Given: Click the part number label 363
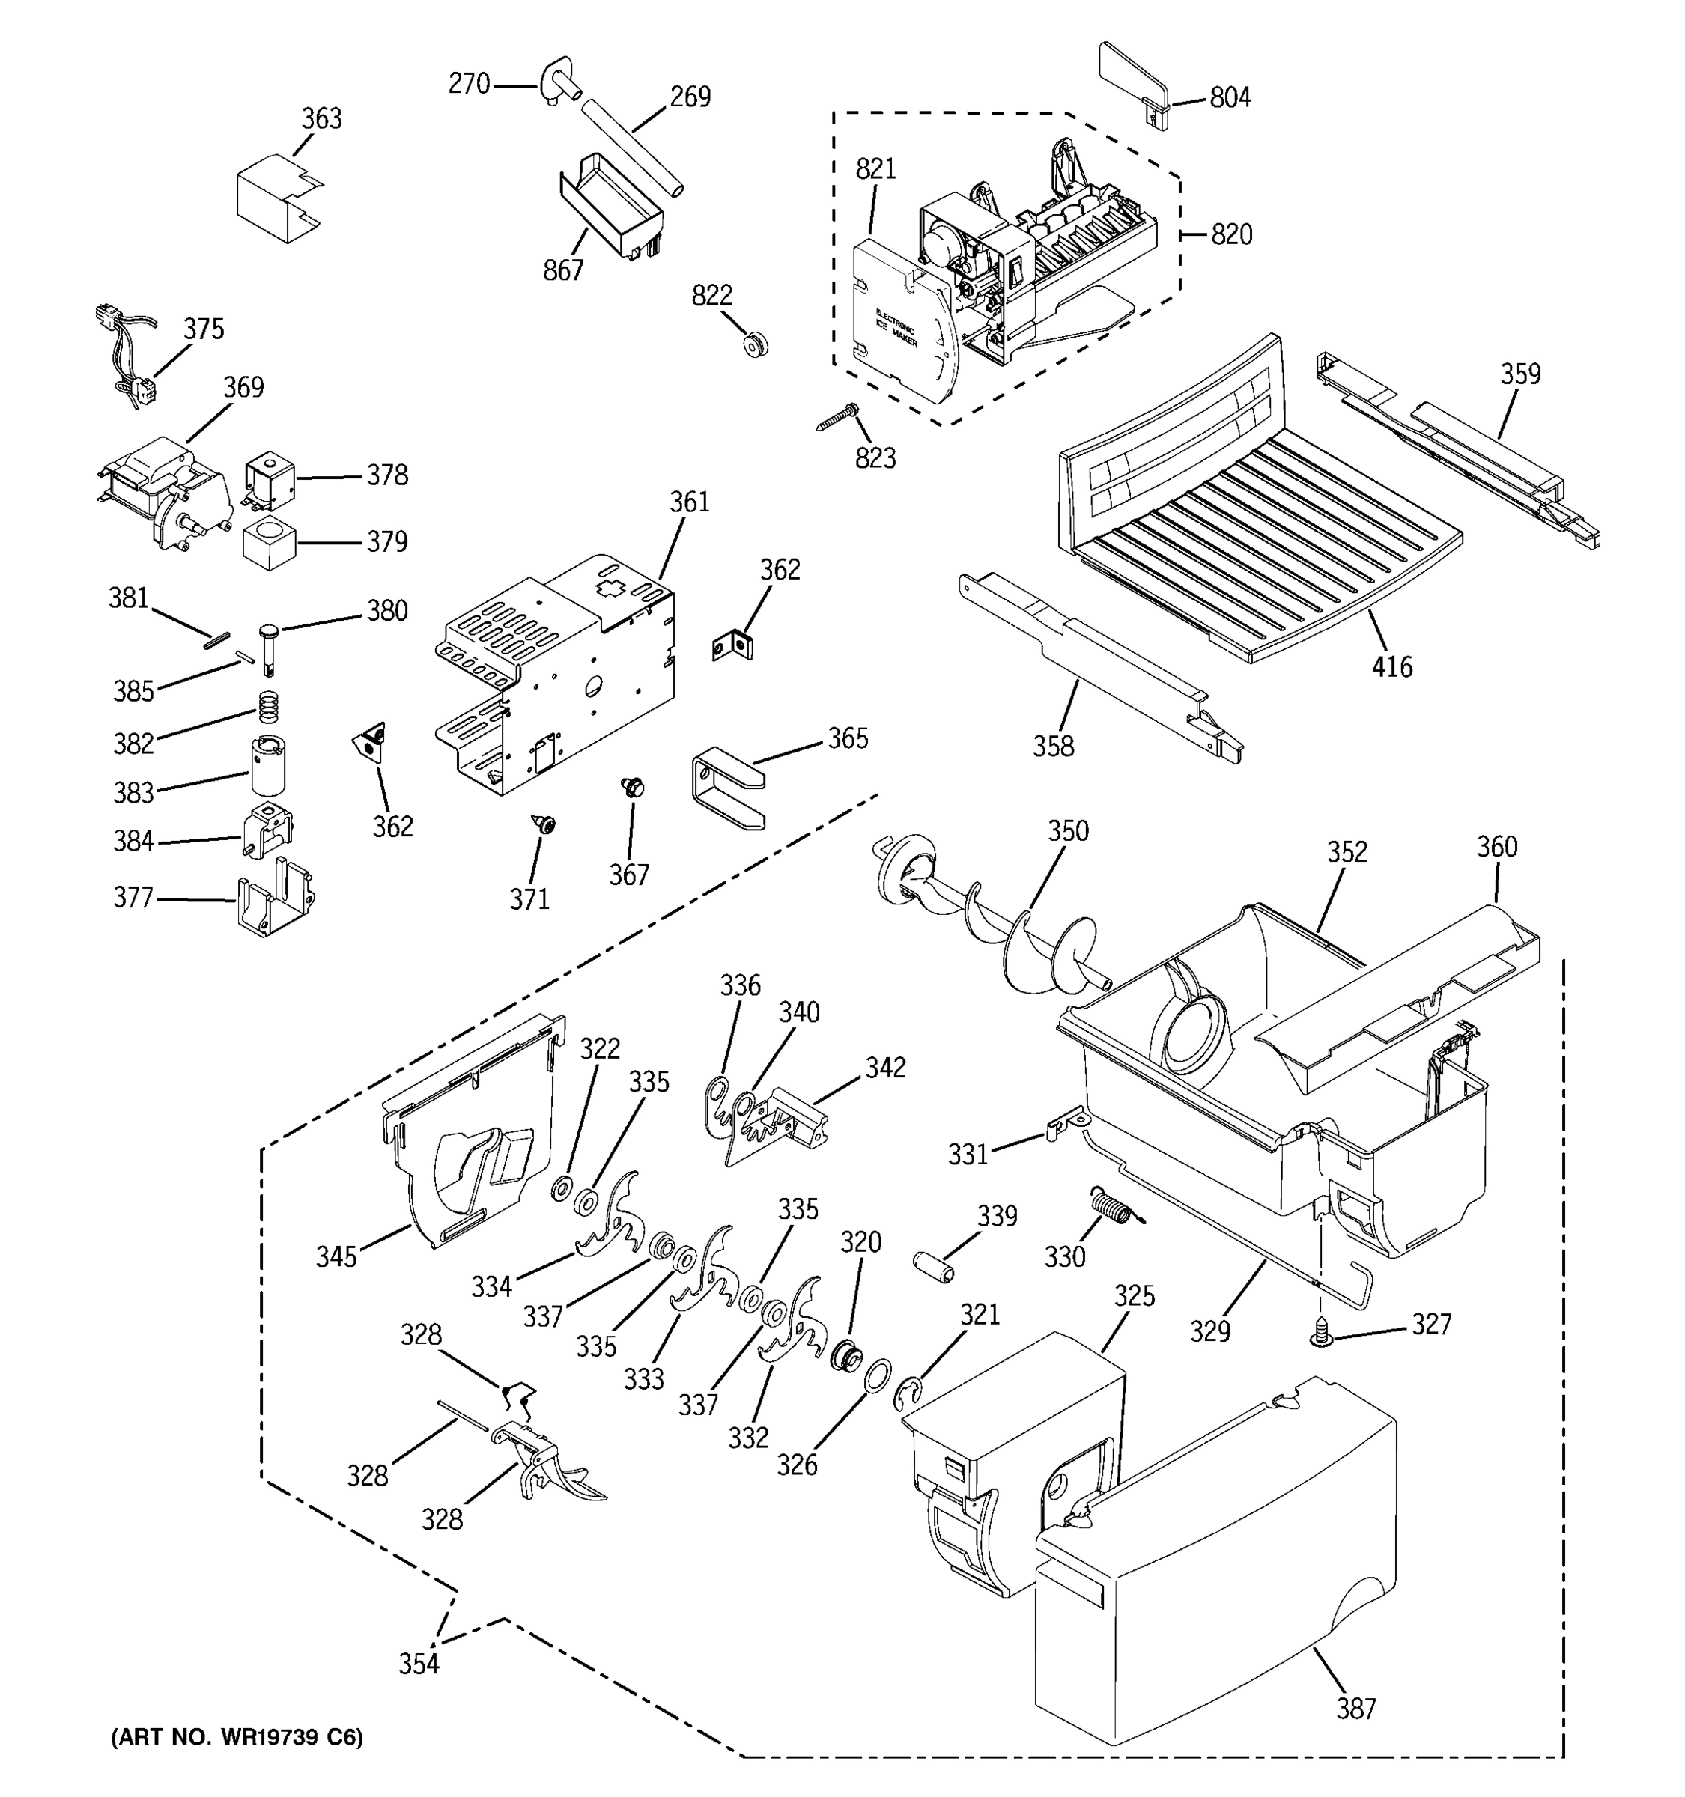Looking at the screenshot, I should pos(321,118).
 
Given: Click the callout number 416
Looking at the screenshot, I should pos(1391,667).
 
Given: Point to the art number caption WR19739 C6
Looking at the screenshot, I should pos(237,1736).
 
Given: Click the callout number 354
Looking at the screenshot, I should pos(419,1663).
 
